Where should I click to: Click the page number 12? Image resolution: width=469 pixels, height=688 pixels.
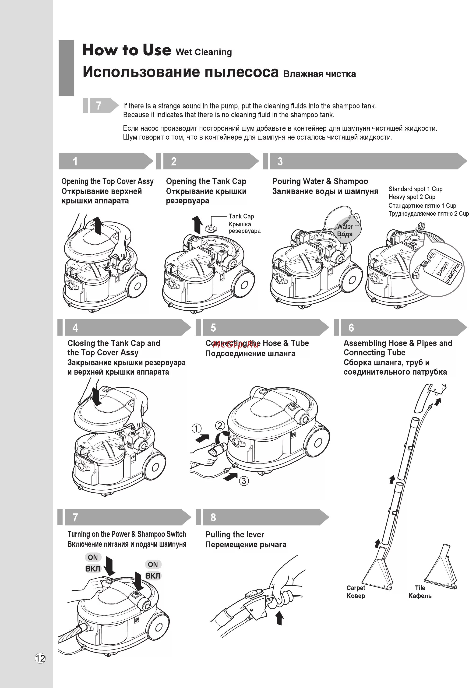click(40, 658)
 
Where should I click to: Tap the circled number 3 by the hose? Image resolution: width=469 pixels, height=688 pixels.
click(244, 481)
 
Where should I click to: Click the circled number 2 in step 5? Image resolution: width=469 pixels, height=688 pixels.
click(220, 426)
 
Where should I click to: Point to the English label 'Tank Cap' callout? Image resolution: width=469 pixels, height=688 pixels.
click(241, 216)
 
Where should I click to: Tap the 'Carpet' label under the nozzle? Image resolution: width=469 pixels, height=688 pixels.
click(356, 588)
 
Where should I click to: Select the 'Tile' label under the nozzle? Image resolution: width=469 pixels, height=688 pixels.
click(420, 588)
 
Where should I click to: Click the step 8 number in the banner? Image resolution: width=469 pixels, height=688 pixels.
click(213, 517)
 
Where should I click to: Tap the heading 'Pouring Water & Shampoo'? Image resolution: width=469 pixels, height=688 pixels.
click(320, 181)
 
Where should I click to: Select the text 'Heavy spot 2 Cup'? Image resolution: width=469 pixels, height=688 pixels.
click(412, 197)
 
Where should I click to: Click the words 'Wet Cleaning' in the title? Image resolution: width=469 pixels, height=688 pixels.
click(204, 52)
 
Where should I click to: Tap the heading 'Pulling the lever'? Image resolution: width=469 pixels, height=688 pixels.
click(235, 534)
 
